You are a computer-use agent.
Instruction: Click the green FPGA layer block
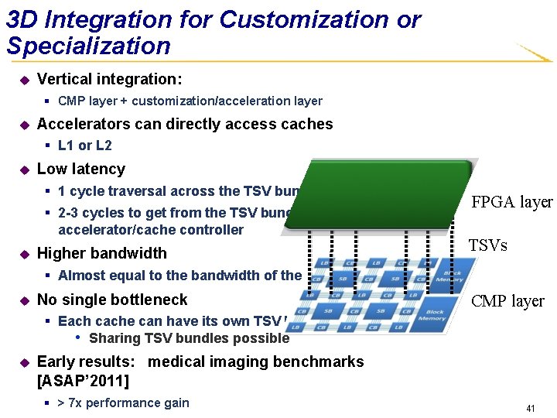379,194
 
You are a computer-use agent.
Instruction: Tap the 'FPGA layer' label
512,202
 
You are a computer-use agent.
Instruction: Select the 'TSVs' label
487,245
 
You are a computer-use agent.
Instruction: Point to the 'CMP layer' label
508,301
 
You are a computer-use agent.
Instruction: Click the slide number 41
530,407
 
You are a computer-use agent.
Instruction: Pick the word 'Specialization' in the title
89,46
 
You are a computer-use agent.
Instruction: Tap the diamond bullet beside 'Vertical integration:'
23,80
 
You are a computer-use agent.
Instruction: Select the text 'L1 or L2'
85,146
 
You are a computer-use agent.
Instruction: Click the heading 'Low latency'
81,169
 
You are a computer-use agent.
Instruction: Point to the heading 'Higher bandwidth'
102,253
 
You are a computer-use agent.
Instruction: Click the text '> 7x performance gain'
124,403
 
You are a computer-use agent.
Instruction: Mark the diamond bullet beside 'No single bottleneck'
23,300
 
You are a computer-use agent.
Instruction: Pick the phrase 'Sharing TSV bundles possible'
189,338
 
